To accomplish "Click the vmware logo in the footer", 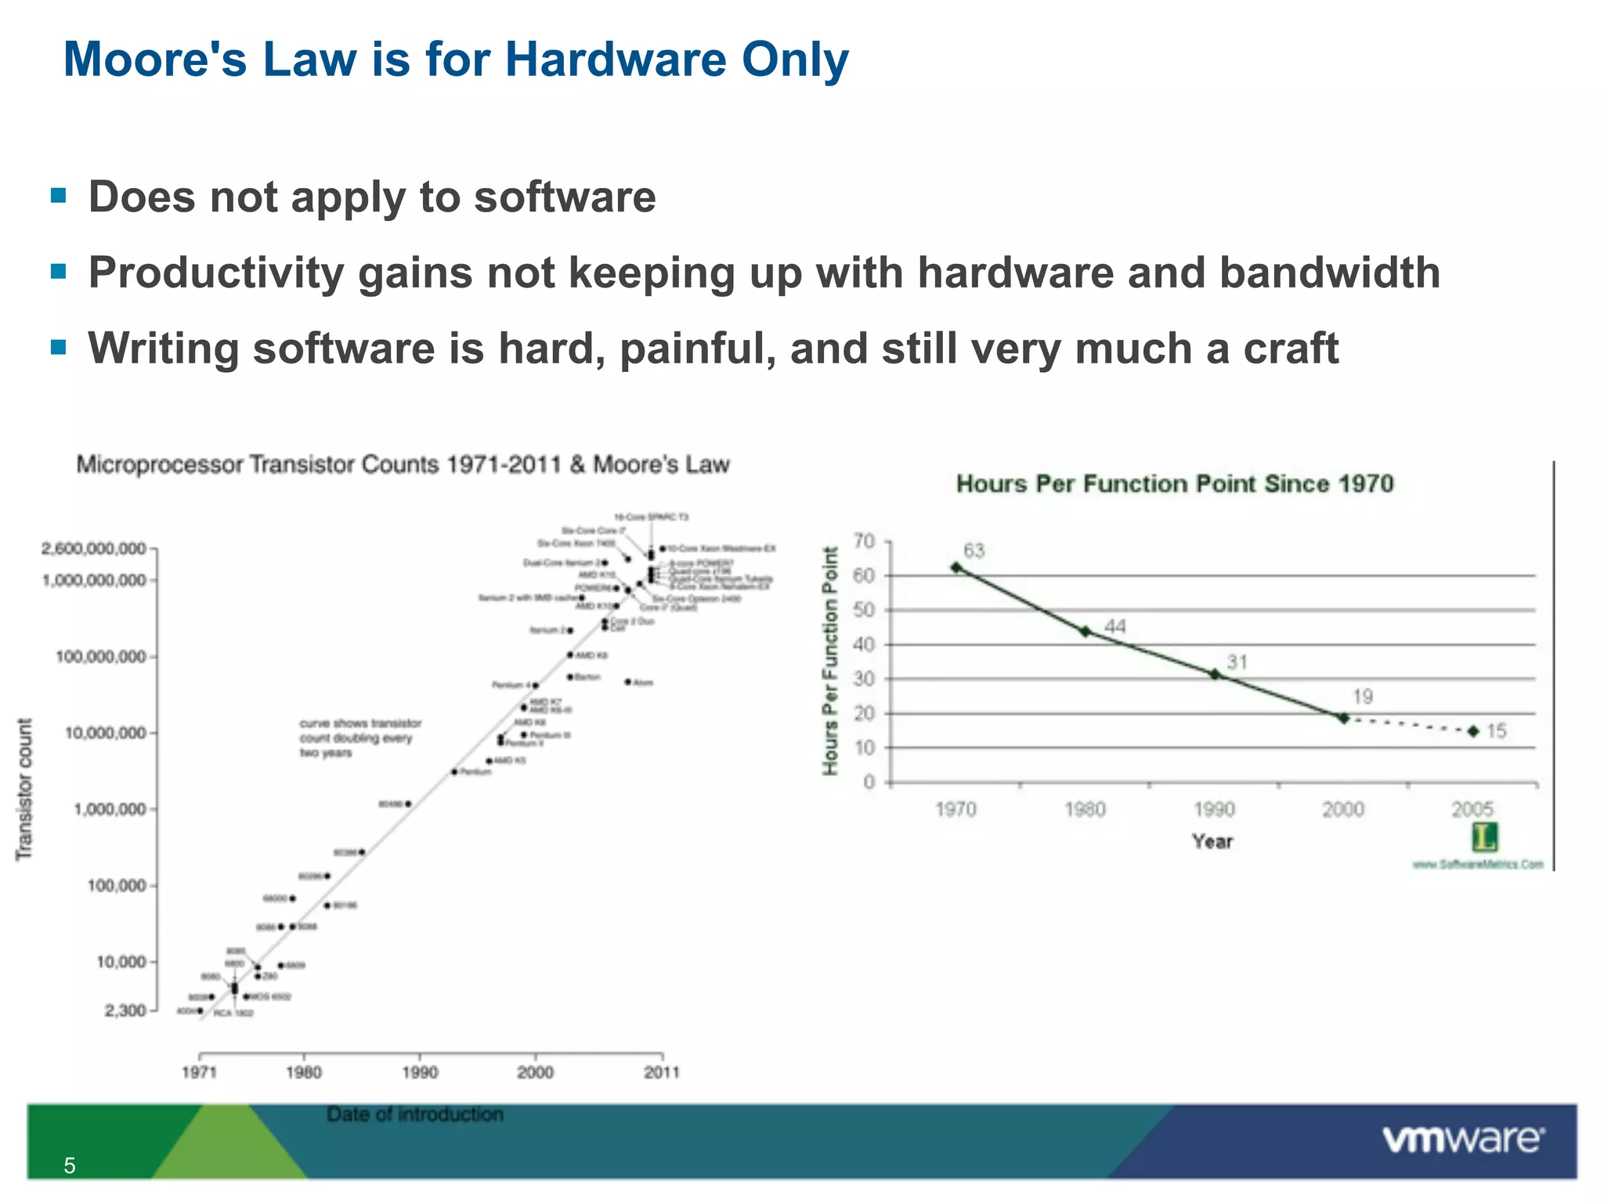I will pos(1463,1139).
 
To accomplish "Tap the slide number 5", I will pos(70,1166).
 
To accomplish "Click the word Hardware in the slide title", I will pos(616,60).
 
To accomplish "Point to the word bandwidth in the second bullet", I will pos(1329,273).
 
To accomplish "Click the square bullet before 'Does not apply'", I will pos(58,195).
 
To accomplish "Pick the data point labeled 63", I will pos(956,567).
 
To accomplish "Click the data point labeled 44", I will pos(1086,631).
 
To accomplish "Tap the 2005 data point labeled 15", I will pos(1473,731).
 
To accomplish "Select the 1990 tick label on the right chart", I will pos(1214,809).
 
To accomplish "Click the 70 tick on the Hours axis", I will pos(864,541).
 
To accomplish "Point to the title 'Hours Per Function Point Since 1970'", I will pos(1175,484).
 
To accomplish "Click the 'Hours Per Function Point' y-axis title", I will pos(830,661).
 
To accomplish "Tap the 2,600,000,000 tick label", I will pos(94,549).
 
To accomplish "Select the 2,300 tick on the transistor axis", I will pos(125,1010).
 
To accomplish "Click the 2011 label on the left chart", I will pos(662,1072).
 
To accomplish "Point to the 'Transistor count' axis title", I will pos(25,789).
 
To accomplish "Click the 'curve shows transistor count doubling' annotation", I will pos(360,738).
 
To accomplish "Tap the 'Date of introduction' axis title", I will pos(415,1114).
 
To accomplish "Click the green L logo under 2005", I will pos(1484,837).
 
